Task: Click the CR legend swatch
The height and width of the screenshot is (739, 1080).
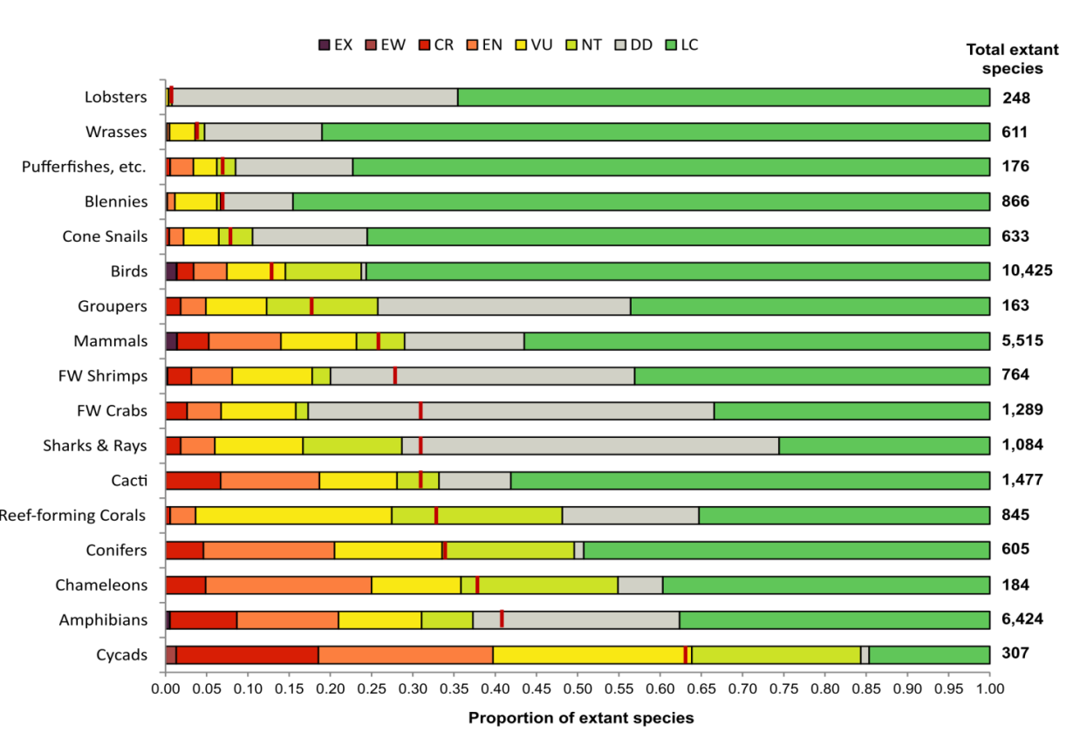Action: pos(424,44)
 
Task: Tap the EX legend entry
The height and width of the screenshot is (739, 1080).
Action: pos(324,44)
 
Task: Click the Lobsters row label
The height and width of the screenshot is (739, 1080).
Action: pos(116,97)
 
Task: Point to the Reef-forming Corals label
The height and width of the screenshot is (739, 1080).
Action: pos(73,515)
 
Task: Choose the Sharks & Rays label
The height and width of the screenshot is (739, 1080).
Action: pos(95,445)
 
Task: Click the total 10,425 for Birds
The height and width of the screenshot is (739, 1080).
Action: pos(1028,270)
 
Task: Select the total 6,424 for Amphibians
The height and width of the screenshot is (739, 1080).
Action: pos(1022,619)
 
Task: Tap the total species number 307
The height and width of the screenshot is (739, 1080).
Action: pos(1015,654)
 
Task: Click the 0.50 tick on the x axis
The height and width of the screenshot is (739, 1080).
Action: pos(577,689)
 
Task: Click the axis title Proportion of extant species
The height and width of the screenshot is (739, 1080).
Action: pos(581,718)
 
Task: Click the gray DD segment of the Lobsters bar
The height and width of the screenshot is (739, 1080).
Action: pos(315,97)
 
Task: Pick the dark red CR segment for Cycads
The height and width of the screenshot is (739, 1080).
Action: pos(247,654)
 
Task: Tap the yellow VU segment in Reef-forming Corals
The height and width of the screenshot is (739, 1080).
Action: pos(293,515)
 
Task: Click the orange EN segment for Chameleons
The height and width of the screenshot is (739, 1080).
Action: pos(289,585)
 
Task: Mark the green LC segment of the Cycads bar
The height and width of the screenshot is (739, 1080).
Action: pos(929,654)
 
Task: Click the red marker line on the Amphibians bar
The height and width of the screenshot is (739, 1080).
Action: pos(502,619)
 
